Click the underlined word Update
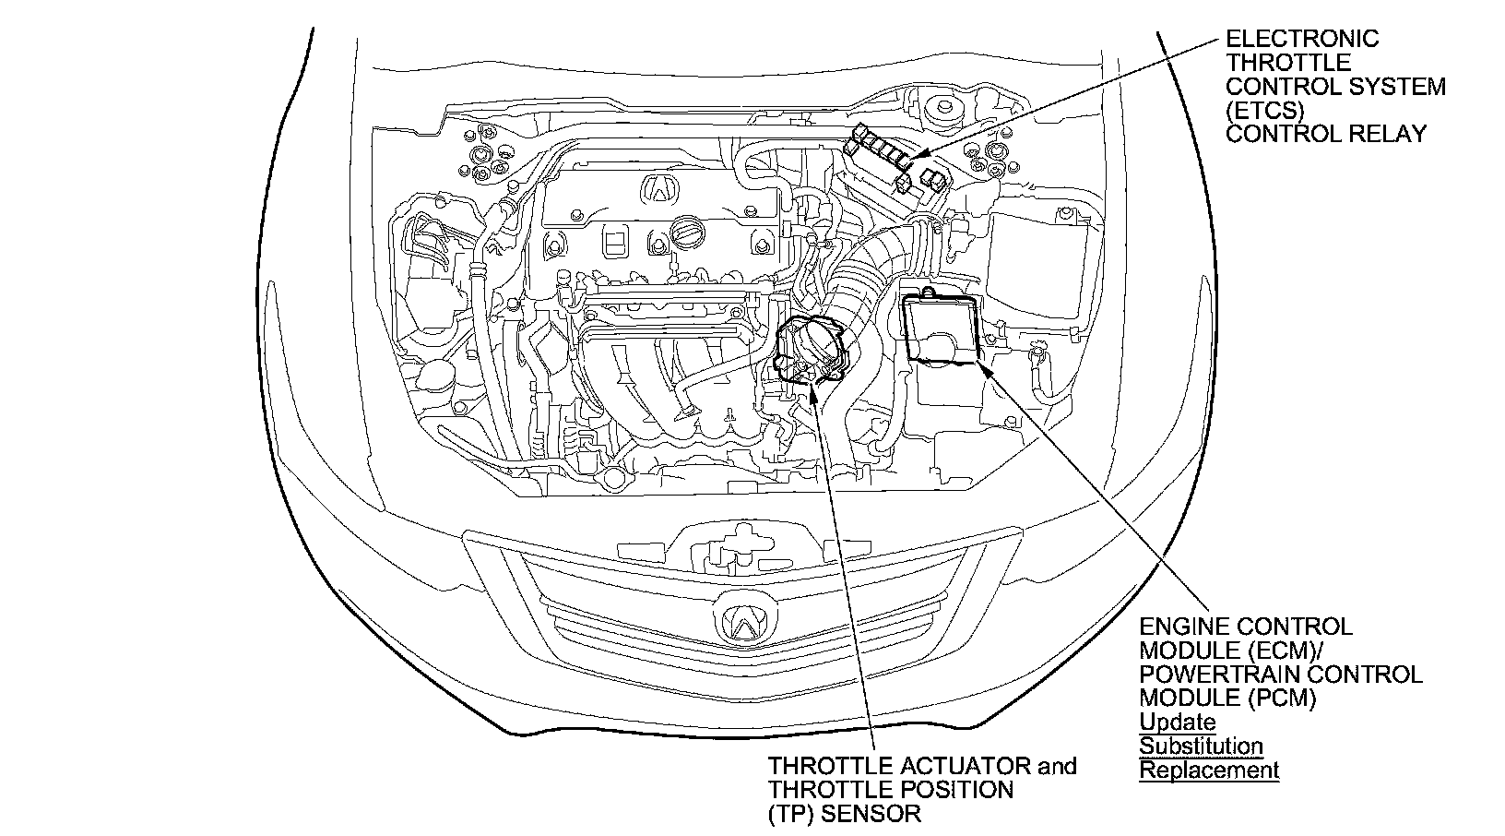click(1178, 722)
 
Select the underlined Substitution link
click(1201, 746)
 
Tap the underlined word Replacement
click(1209, 770)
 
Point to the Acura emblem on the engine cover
click(659, 187)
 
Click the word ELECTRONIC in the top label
click(1302, 39)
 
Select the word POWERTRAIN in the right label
click(1215, 675)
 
